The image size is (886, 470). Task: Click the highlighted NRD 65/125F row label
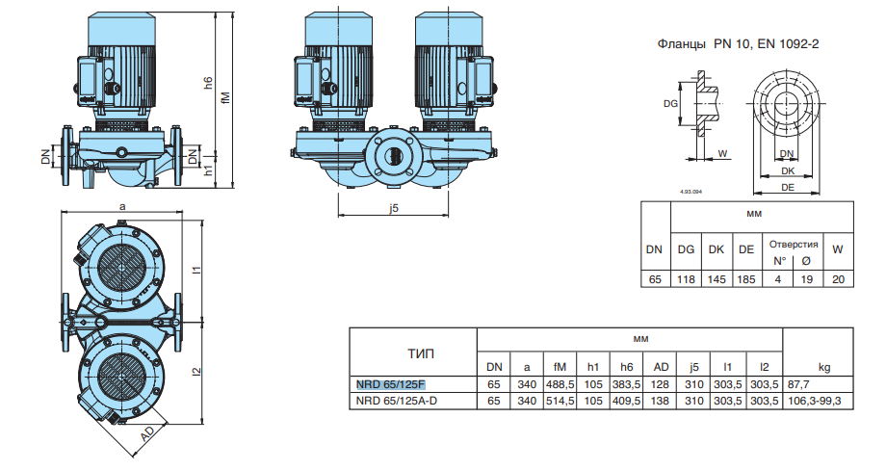coord(391,384)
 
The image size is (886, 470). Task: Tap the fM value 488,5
coord(560,384)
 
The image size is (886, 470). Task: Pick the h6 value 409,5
coord(626,400)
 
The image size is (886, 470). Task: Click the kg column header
coord(824,367)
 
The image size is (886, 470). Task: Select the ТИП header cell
coord(421,353)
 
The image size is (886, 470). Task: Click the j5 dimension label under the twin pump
coord(393,209)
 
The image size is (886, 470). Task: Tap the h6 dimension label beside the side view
coord(208,84)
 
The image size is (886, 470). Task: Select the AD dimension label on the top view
coord(147,434)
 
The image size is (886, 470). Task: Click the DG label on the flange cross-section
coord(672,103)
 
